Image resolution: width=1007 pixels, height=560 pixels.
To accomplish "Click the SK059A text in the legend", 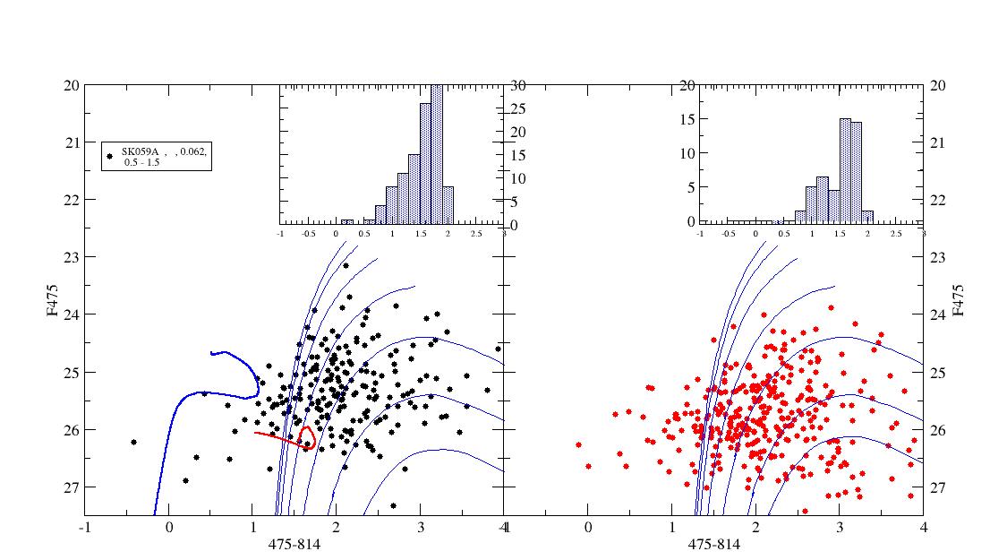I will pyautogui.click(x=139, y=151).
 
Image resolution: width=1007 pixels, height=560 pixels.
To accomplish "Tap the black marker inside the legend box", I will pyautogui.click(x=110, y=156).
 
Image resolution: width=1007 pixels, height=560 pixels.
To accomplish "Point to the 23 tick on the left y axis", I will pyautogui.click(x=69, y=257).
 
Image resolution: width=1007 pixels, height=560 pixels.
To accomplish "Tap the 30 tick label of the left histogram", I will pyautogui.click(x=517, y=85).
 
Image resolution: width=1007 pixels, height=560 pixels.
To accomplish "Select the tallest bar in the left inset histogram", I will pyautogui.click(x=437, y=152).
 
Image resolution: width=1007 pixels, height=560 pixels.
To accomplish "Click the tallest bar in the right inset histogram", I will pyautogui.click(x=845, y=170).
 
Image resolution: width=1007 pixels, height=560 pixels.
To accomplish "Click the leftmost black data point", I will pyautogui.click(x=133, y=442).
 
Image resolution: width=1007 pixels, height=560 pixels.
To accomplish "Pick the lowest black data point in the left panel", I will pyautogui.click(x=393, y=506).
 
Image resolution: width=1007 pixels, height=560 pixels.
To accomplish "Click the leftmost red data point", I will pyautogui.click(x=578, y=444).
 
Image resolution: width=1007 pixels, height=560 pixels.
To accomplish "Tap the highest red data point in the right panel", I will pyautogui.click(x=830, y=307).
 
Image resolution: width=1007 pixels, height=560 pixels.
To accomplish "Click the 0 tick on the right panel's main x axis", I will pyautogui.click(x=588, y=527).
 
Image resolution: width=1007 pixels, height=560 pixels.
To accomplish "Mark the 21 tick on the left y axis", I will pyautogui.click(x=69, y=142).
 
